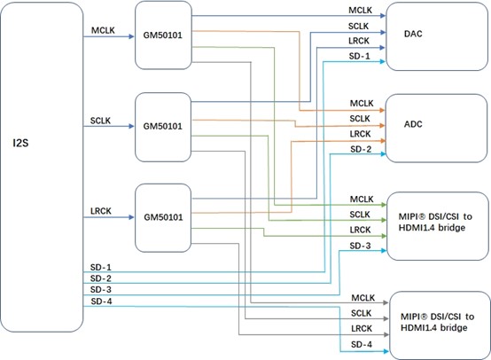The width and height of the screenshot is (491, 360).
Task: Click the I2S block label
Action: pos(20,143)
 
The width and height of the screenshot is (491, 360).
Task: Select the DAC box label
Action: pos(413,34)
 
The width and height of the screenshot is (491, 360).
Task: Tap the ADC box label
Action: pos(413,124)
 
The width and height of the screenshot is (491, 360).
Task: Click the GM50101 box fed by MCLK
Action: pos(163,35)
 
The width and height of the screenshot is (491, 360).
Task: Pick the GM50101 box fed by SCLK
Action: pos(163,127)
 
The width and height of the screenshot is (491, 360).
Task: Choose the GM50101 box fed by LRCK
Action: pos(163,218)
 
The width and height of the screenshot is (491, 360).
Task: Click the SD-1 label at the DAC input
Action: pos(360,57)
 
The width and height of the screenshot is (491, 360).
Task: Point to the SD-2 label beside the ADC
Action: pos(361,149)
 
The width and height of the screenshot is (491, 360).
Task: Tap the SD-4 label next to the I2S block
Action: pos(101,301)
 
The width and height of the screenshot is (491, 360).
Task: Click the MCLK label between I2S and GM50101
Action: pos(103,30)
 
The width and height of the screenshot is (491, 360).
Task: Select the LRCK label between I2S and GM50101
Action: pos(101,211)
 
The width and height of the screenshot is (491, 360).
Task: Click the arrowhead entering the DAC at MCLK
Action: pos(383,16)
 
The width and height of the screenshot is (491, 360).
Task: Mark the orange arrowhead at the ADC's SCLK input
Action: pos(382,125)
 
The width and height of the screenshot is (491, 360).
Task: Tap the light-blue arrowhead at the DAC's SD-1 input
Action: pos(383,62)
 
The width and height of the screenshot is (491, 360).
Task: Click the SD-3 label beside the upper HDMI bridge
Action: pos(360,246)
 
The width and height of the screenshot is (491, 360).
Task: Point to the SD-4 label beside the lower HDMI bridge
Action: pos(362,344)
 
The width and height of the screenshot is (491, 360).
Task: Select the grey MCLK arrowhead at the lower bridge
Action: pos(386,302)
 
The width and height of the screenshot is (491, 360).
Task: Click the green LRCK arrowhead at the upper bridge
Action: pos(384,236)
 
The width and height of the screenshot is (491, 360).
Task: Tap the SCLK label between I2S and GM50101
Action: pos(100,121)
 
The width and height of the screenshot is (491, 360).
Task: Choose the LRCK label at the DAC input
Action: pos(359,41)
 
